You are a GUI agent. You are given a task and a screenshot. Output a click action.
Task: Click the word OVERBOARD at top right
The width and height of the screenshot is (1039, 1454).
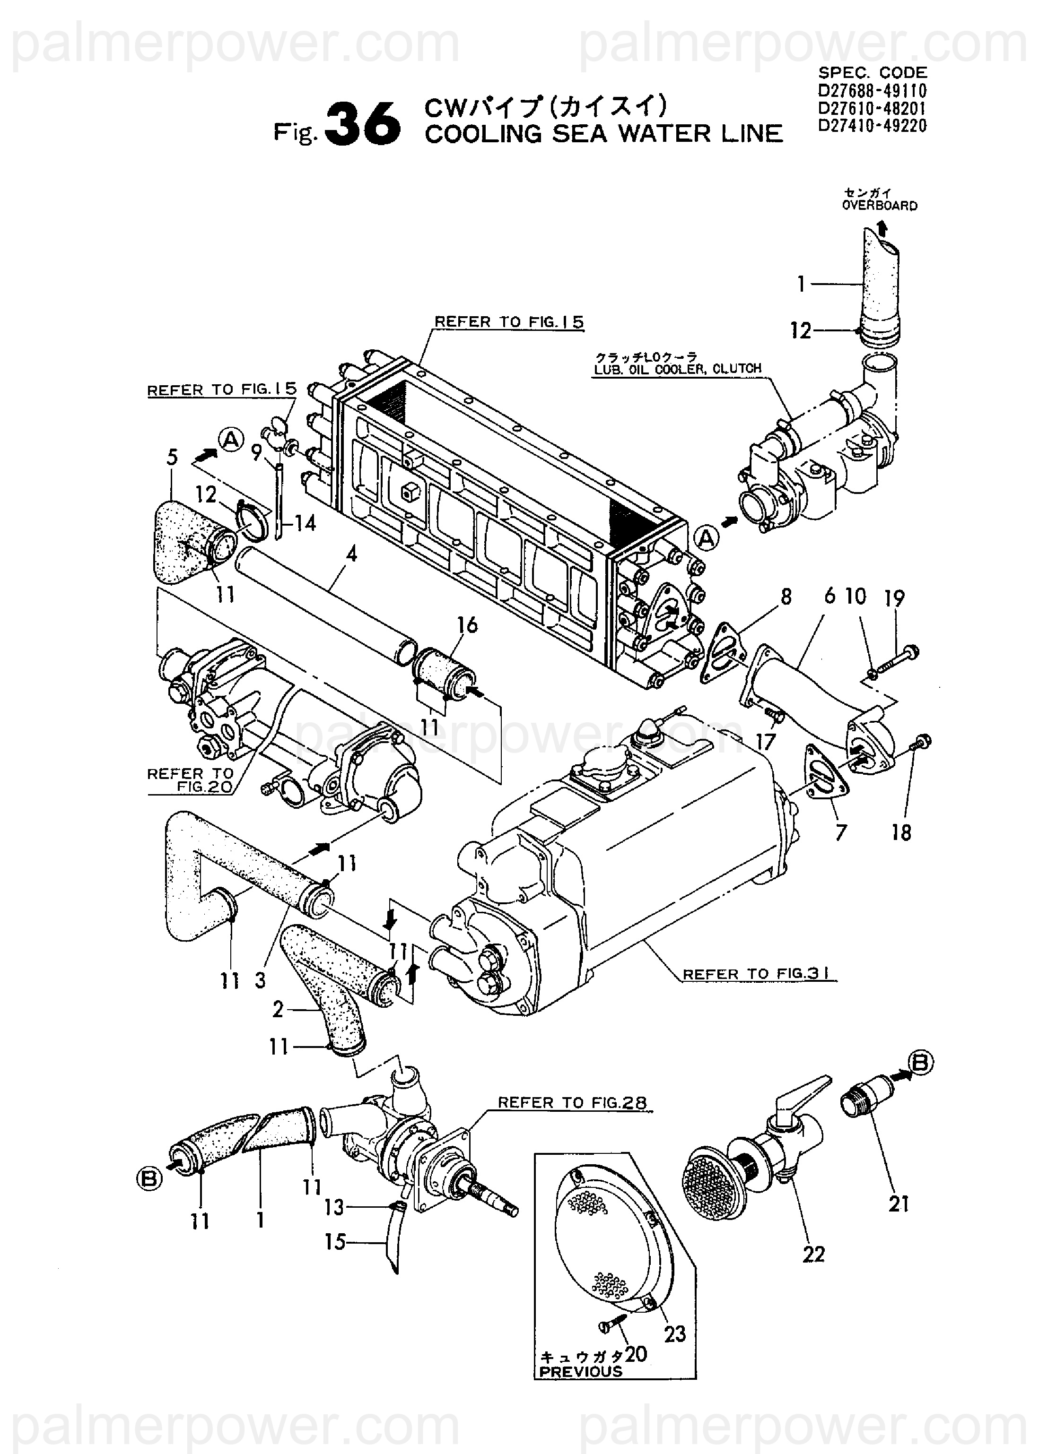pos(880,206)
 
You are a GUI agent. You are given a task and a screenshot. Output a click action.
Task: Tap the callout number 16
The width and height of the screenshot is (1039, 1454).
pos(468,625)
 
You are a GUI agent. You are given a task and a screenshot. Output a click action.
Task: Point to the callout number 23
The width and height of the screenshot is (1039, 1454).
pos(674,1334)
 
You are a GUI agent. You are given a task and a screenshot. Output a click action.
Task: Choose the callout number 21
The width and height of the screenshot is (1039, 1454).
pos(899,1204)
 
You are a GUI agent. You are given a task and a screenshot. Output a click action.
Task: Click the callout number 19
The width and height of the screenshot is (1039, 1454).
pos(894,598)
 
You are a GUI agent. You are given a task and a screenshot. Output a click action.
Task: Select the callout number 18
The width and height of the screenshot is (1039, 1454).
pos(901,832)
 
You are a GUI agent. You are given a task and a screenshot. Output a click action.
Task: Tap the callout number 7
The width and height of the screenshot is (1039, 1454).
pos(841,832)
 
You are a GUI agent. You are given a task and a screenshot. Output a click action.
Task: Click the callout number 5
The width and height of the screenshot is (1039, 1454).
pos(172,457)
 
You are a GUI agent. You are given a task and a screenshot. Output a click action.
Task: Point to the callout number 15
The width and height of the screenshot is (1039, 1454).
pos(335,1242)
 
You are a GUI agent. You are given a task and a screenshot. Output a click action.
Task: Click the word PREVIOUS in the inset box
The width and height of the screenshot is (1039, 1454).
pos(581,1372)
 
